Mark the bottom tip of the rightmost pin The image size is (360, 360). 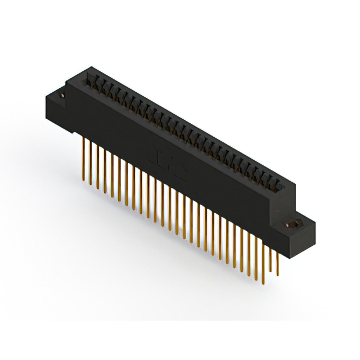click(x=277, y=274)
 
